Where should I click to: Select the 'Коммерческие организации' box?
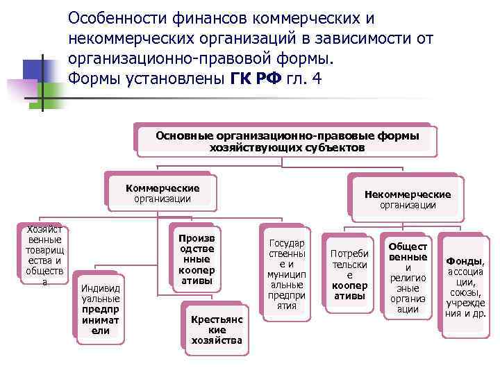pyautogui.click(x=162, y=193)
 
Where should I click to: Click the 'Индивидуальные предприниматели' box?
pyautogui.click(x=100, y=305)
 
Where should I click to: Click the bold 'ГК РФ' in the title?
pyautogui.click(x=254, y=78)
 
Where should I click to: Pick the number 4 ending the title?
pyautogui.click(x=317, y=78)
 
